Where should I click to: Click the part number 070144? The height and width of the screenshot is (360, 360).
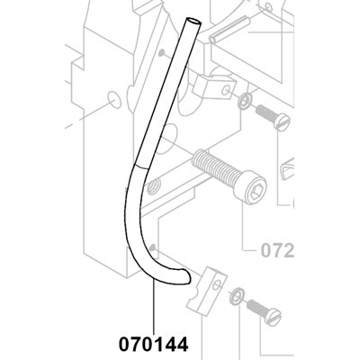click(x=154, y=344)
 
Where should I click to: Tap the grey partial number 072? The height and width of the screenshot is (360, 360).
click(x=277, y=250)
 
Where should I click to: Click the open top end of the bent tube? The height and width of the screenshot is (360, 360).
click(x=193, y=22)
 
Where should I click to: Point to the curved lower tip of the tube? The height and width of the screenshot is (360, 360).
click(x=186, y=276)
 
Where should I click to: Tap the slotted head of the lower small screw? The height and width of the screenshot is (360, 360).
click(x=273, y=316)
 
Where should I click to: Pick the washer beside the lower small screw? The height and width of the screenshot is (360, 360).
click(x=237, y=295)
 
